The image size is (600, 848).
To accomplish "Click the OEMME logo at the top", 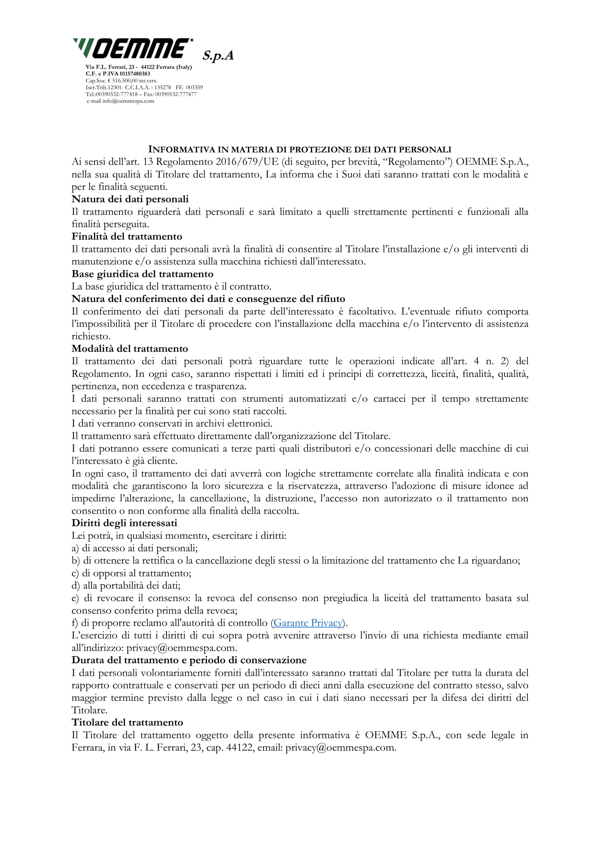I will (x=133, y=48).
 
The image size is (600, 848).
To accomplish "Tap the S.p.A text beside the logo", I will (x=218, y=55).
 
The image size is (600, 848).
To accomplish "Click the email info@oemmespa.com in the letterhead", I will (x=128, y=101).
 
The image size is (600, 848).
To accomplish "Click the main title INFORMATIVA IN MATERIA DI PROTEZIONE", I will (x=299, y=150).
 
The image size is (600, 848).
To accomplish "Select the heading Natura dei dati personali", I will (x=130, y=199).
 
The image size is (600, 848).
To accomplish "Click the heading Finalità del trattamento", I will (x=127, y=236).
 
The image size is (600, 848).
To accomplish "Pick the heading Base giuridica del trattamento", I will (x=142, y=274).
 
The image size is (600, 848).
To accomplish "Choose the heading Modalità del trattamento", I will (x=130, y=349).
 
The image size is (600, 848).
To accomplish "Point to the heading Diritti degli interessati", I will (x=124, y=523).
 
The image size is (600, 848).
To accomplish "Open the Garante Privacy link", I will (x=308, y=623).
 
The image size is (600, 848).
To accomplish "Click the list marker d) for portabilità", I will (x=75, y=586).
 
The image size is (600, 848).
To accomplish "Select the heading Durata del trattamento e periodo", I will (x=189, y=660).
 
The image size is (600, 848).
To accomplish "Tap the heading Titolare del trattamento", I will (x=127, y=723).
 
